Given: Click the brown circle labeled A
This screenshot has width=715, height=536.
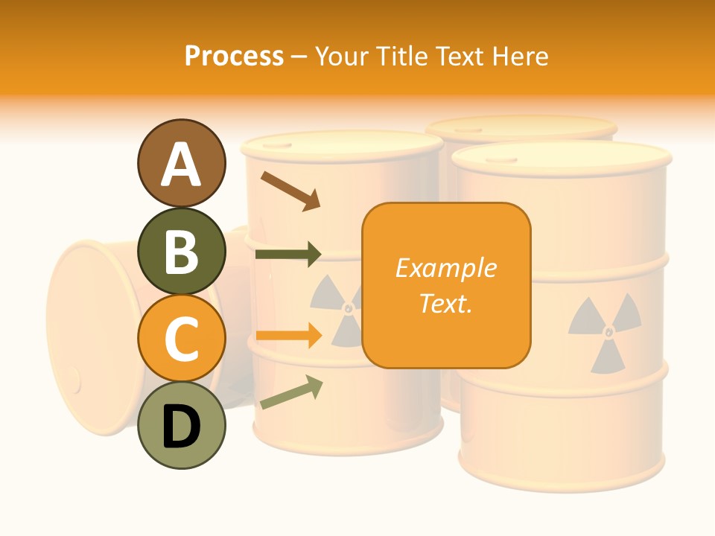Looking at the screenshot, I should tap(181, 164).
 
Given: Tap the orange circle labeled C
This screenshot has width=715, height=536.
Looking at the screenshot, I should tap(181, 338).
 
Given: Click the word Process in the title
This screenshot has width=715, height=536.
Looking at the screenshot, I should tap(234, 56).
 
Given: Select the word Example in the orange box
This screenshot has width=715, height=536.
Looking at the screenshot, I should tap(446, 268).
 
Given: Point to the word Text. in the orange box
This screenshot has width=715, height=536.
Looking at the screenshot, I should tap(446, 303).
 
